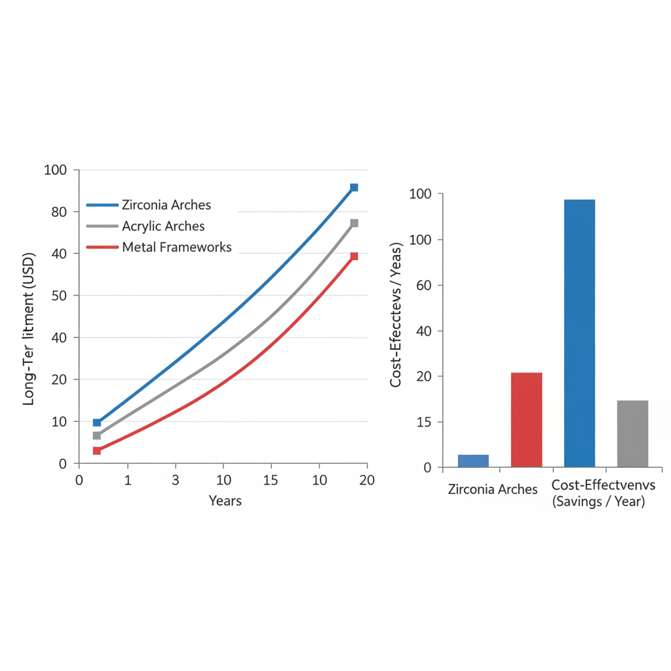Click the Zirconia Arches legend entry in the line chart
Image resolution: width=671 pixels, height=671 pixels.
click(x=166, y=205)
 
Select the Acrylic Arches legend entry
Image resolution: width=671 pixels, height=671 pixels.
click(x=163, y=226)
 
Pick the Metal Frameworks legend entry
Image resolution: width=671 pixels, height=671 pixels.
click(x=176, y=247)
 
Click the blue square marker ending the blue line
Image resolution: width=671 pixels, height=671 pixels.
click(x=354, y=187)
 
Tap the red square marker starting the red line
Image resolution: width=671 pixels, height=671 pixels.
click(x=97, y=450)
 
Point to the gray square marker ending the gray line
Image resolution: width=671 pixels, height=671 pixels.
click(x=354, y=223)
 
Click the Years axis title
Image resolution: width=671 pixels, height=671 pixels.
click(x=225, y=501)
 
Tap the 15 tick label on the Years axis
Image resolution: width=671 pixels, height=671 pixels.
click(x=270, y=480)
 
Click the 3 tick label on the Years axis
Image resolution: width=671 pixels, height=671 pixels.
click(x=175, y=480)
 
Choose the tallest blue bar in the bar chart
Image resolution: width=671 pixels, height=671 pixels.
click(x=579, y=333)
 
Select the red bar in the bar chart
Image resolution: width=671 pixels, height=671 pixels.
click(x=526, y=419)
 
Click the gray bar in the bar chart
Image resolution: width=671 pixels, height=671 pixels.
click(x=632, y=433)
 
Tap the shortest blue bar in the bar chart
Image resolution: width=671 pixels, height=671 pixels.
click(x=473, y=461)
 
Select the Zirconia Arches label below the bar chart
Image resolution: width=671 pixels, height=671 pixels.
click(x=492, y=489)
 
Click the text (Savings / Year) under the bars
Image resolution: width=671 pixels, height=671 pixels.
click(x=598, y=503)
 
